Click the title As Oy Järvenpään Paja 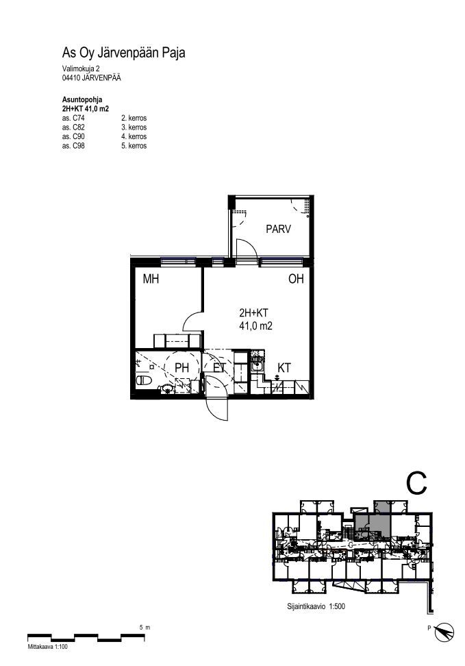point(123,53)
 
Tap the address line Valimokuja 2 point(81,69)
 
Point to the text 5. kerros point(134,146)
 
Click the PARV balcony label point(278,230)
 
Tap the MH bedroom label point(151,279)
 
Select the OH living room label point(296,279)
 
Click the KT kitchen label point(284,368)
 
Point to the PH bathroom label point(181,368)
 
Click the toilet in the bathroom point(144,380)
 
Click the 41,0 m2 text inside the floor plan point(255,326)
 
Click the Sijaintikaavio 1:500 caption point(316,607)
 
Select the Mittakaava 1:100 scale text point(47,647)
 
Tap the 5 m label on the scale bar point(144,628)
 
